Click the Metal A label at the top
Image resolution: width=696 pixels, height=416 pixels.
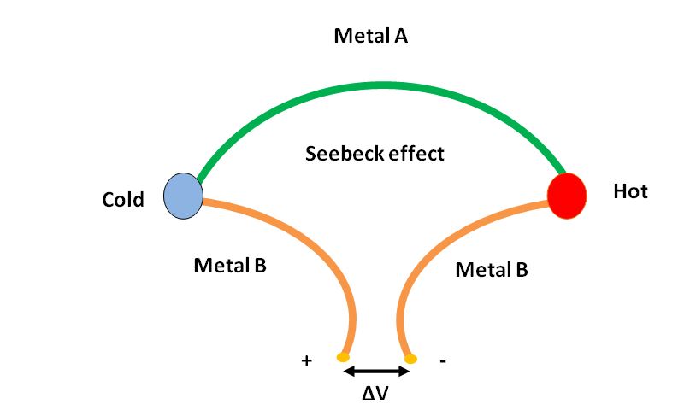click(370, 36)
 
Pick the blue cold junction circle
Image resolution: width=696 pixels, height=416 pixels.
click(183, 195)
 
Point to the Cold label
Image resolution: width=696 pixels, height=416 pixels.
click(124, 200)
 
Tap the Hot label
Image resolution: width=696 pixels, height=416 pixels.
click(630, 191)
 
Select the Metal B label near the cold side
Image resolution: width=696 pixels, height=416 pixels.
click(230, 265)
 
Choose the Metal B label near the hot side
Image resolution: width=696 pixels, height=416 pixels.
click(492, 270)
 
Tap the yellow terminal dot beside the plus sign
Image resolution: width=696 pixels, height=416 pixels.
click(343, 357)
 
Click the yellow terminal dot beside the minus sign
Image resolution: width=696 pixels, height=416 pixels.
click(410, 359)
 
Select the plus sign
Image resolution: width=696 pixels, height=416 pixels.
click(306, 360)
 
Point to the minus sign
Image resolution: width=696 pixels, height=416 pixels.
click(442, 361)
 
